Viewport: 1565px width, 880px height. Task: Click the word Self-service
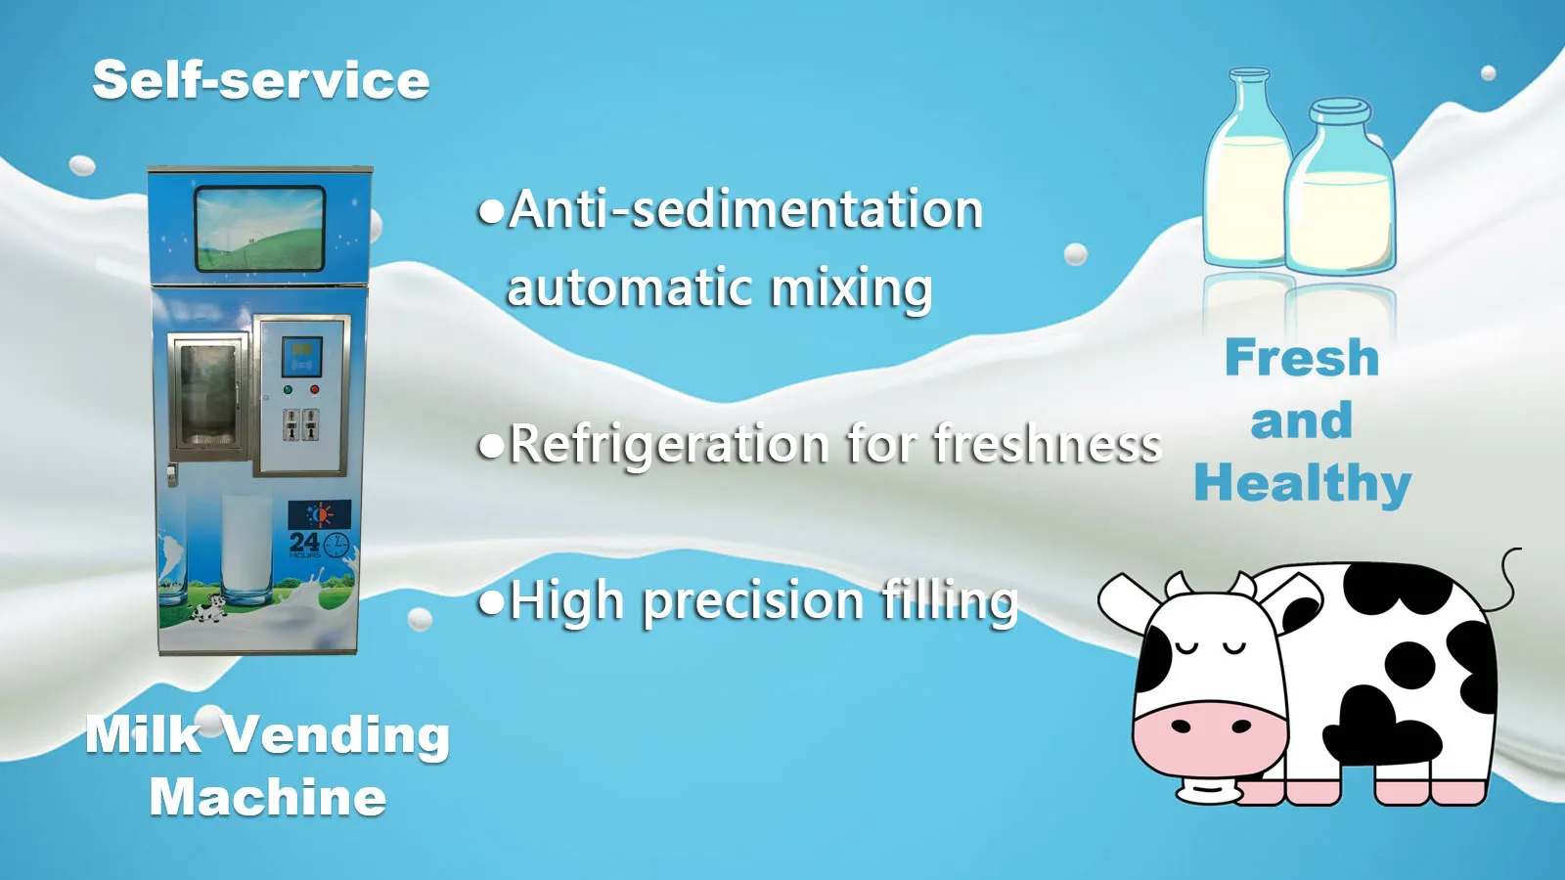(x=261, y=80)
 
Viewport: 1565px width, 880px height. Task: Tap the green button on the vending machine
(x=288, y=390)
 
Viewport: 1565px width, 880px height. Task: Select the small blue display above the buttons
(x=302, y=357)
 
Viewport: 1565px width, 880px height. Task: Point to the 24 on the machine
(x=304, y=542)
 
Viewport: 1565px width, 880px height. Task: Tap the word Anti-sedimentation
(x=745, y=210)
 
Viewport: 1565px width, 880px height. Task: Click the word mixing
(x=851, y=289)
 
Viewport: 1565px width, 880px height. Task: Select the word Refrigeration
(x=670, y=445)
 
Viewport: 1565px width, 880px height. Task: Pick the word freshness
(x=1047, y=445)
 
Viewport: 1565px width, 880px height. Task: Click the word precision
(x=753, y=601)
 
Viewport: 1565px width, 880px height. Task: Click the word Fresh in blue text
(x=1302, y=358)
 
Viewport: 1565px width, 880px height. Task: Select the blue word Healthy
(x=1302, y=484)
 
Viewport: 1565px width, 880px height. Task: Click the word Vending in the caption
(x=337, y=735)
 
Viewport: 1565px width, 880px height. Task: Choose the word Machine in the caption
(x=268, y=798)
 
